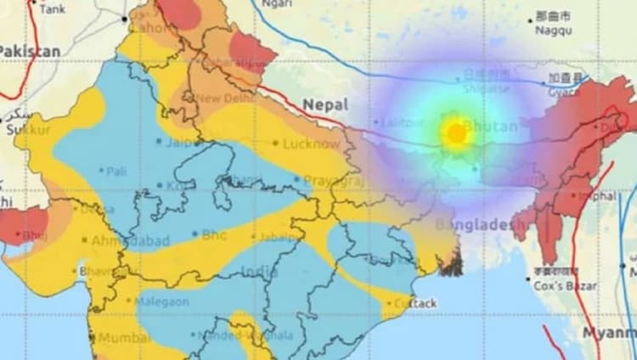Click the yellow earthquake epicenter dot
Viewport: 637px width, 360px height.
(456, 133)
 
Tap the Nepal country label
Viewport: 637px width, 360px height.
(325, 104)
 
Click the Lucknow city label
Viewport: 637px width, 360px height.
(311, 144)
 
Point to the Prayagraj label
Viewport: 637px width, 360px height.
(330, 181)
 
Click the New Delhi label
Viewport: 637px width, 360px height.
(227, 98)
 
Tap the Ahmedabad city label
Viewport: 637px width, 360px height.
(130, 240)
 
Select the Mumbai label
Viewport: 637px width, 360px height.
(124, 338)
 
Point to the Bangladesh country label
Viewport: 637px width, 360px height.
(475, 225)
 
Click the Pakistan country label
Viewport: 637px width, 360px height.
(30, 51)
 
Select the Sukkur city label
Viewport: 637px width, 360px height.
(28, 130)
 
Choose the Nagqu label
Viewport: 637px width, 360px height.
(553, 31)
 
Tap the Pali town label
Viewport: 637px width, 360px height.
(117, 171)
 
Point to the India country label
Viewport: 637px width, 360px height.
(259, 272)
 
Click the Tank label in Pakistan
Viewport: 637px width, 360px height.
(52, 8)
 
